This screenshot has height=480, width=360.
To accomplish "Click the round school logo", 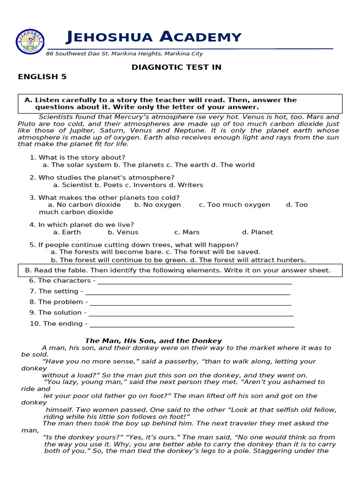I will point(30,42).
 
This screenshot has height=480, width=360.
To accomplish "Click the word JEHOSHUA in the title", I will point(110,37).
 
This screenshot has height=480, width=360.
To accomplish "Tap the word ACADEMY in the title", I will point(201,37).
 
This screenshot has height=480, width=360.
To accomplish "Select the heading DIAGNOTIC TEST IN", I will point(176,67).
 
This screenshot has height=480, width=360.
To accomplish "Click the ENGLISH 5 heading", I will point(42,77).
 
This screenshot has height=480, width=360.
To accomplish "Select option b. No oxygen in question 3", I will point(157,205).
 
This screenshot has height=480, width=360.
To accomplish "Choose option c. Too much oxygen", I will point(234,205).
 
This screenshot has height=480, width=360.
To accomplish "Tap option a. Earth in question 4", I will point(67,232).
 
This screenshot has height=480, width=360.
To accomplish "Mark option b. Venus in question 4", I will point(123,232).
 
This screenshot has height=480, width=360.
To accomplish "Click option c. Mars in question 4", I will point(187,232).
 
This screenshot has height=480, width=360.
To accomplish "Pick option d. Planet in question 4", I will point(257,232).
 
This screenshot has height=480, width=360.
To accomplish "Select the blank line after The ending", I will point(192,324).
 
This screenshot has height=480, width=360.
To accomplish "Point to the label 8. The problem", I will point(56,302).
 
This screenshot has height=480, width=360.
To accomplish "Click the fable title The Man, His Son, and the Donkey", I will point(153,341).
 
